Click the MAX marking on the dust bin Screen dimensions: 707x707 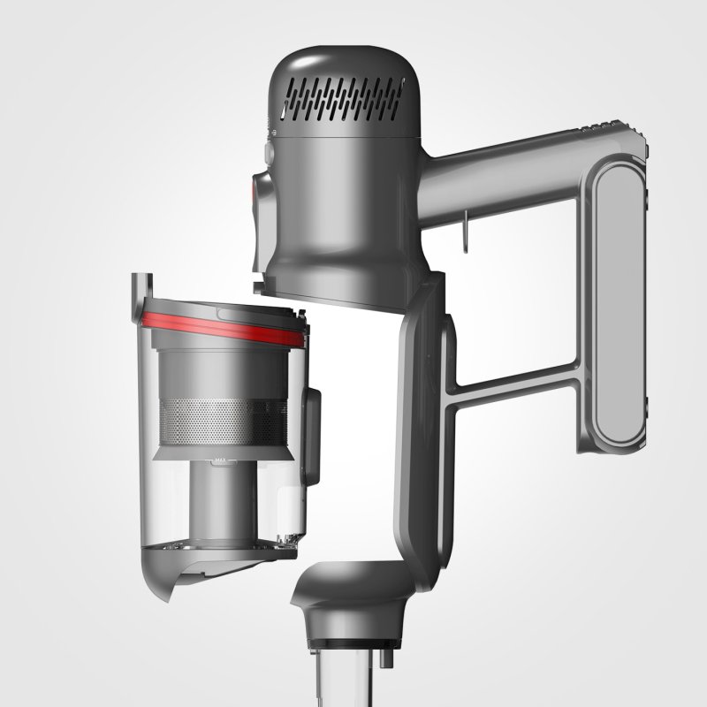(217, 460)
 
